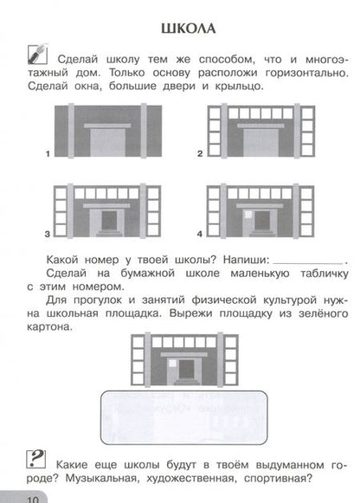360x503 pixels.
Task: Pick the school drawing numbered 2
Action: click(260, 131)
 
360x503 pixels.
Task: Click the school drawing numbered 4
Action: click(260, 210)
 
